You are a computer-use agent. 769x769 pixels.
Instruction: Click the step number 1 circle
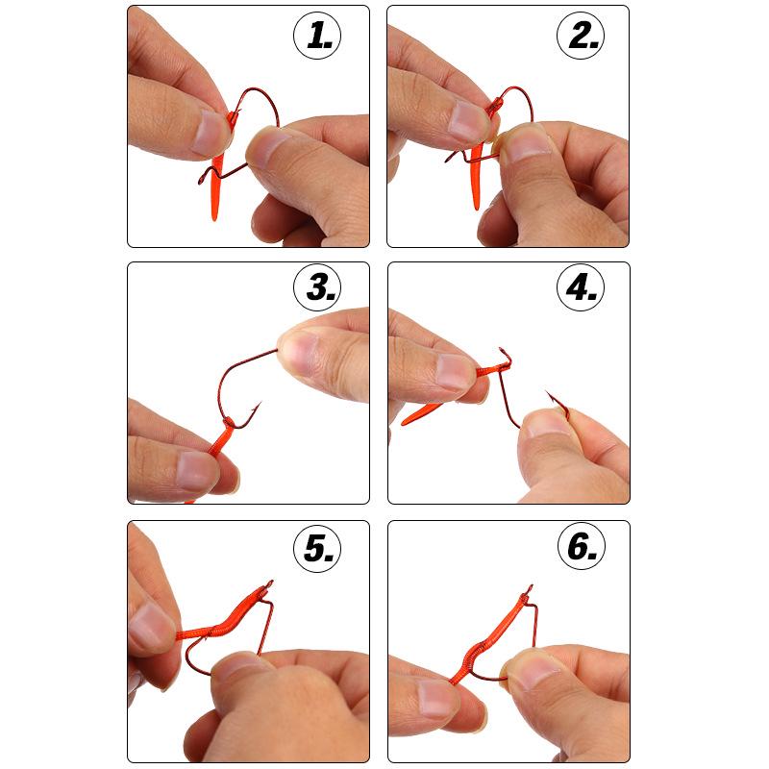tap(317, 36)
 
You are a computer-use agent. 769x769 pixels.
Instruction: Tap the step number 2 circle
tap(579, 36)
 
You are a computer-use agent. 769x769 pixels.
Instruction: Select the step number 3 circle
tap(317, 287)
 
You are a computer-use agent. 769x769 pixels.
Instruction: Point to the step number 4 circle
tap(579, 287)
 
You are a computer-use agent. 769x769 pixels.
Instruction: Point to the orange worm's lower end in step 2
tap(474, 205)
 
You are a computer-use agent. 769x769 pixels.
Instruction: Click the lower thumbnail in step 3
tap(197, 470)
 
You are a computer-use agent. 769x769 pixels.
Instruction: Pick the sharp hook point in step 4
tap(548, 393)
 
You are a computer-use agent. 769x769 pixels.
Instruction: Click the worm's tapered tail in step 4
tap(405, 424)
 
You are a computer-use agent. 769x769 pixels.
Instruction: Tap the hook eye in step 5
tap(271, 583)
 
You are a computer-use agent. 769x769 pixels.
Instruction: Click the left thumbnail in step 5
tap(151, 626)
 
